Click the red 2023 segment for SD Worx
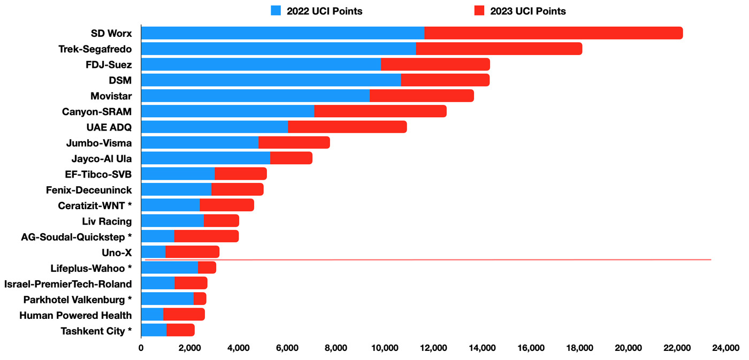pyautogui.click(x=553, y=33)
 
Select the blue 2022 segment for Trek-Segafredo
pyautogui.click(x=278, y=49)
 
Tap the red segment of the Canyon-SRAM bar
pyautogui.click(x=380, y=111)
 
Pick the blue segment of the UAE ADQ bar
pyautogui.click(x=214, y=127)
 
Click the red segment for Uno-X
pyautogui.click(x=192, y=251)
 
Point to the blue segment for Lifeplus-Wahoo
pyautogui.click(x=169, y=267)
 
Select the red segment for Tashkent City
pyautogui.click(x=180, y=330)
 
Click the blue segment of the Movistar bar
pyautogui.click(x=255, y=96)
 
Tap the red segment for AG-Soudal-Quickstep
pyautogui.click(x=206, y=236)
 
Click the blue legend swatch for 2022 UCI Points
pyautogui.click(x=276, y=11)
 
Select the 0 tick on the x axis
pyautogui.click(x=141, y=348)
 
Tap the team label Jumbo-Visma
pyautogui.click(x=99, y=143)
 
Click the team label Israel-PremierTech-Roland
pyautogui.click(x=68, y=284)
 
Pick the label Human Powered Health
pyautogui.click(x=75, y=315)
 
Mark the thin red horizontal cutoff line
pyautogui.click(x=428, y=259)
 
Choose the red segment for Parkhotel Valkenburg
pyautogui.click(x=200, y=298)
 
